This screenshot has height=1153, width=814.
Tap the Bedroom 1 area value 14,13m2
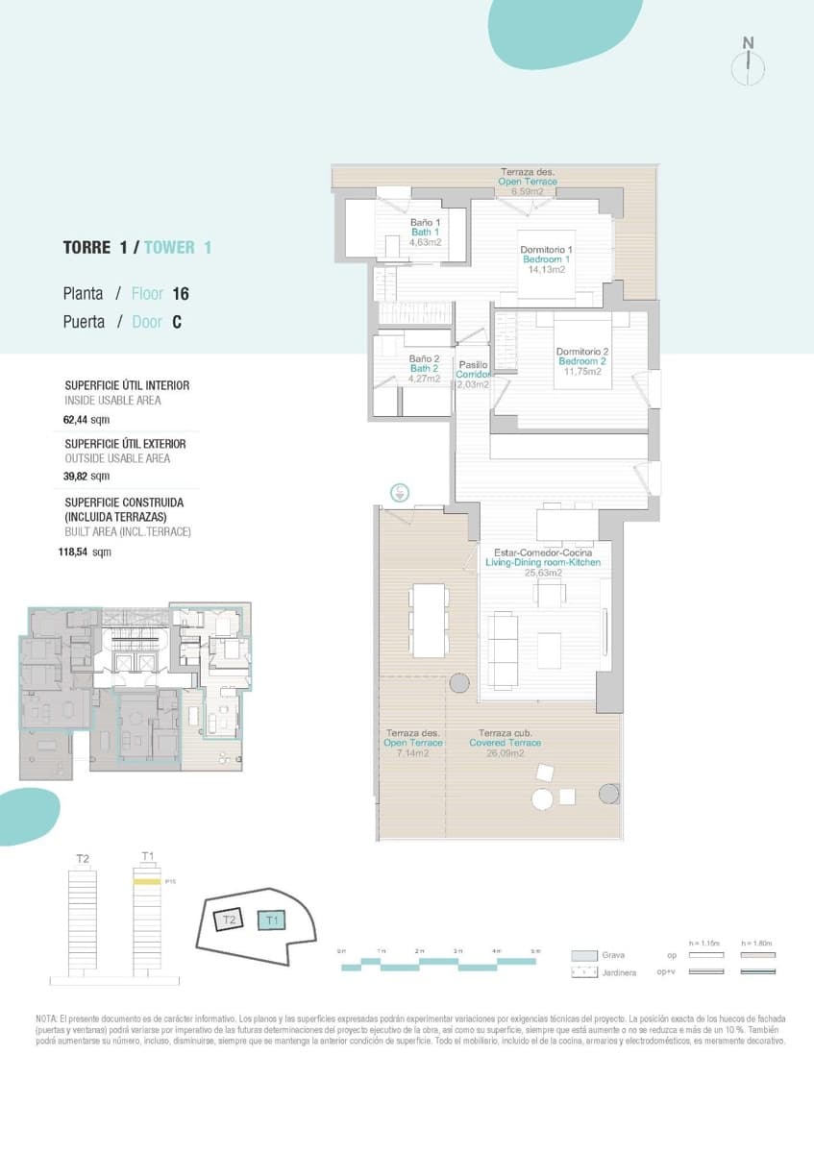click(546, 270)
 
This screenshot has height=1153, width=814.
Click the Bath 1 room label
click(425, 233)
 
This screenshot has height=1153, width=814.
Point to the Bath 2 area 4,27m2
click(425, 379)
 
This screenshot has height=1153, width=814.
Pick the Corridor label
click(473, 375)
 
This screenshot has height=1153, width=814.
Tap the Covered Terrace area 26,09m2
click(505, 753)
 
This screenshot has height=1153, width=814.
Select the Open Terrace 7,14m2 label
click(413, 743)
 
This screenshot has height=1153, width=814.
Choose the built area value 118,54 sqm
click(85, 552)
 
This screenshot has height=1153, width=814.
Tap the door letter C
click(177, 323)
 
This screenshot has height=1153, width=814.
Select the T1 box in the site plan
click(273, 920)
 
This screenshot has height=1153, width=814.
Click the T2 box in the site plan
click(229, 920)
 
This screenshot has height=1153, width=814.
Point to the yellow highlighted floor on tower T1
click(146, 881)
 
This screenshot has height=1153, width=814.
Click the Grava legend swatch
click(584, 956)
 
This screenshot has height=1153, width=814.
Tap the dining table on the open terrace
click(428, 618)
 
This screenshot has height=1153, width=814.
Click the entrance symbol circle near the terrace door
click(400, 493)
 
